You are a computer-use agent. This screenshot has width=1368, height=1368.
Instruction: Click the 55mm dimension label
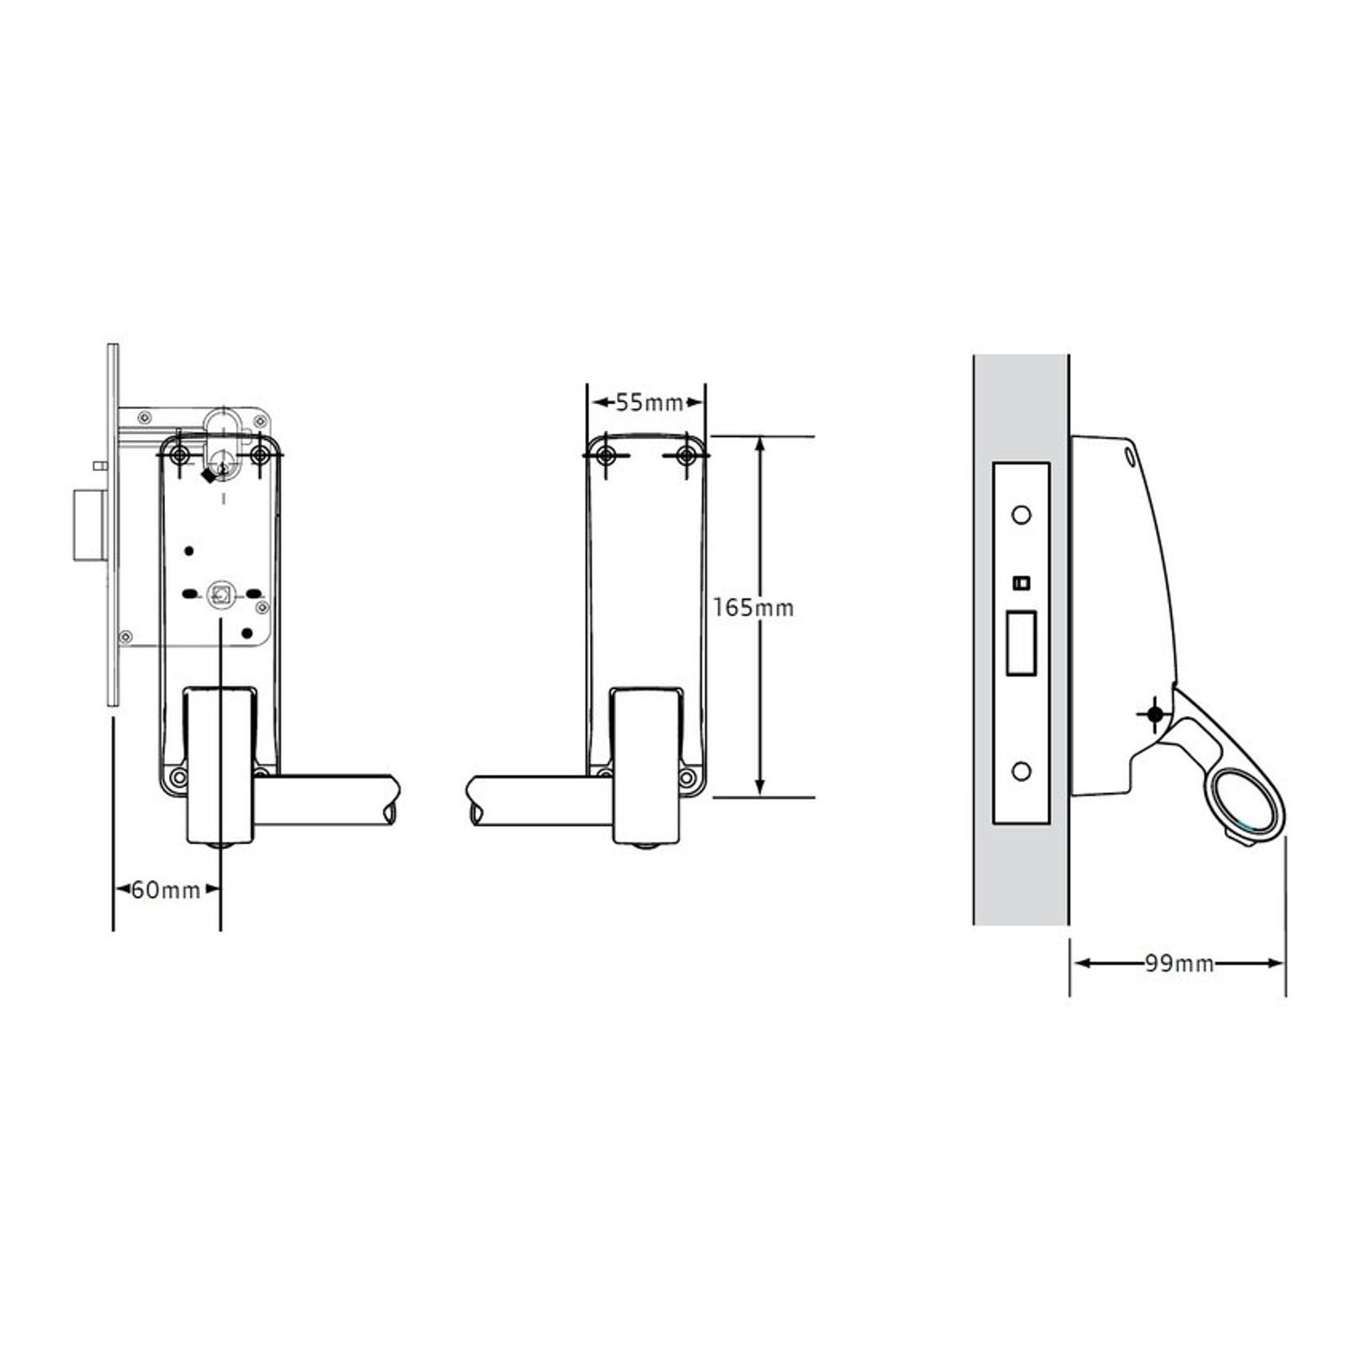click(648, 402)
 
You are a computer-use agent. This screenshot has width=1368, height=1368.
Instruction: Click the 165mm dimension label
click(753, 608)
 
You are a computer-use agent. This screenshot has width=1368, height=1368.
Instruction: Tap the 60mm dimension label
click(166, 890)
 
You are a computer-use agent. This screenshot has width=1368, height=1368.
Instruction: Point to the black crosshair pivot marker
click(1154, 715)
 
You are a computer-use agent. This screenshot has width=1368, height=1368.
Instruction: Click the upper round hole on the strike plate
click(1020, 515)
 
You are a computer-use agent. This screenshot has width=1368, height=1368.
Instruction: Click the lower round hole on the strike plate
click(1020, 771)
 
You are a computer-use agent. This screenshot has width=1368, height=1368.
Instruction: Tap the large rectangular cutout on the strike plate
click(1020, 642)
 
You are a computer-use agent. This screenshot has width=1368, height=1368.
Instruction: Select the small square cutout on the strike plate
click(1020, 583)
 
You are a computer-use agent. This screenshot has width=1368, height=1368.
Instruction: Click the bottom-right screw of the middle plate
click(688, 775)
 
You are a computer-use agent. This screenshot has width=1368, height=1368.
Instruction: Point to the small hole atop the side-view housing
click(1130, 455)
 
